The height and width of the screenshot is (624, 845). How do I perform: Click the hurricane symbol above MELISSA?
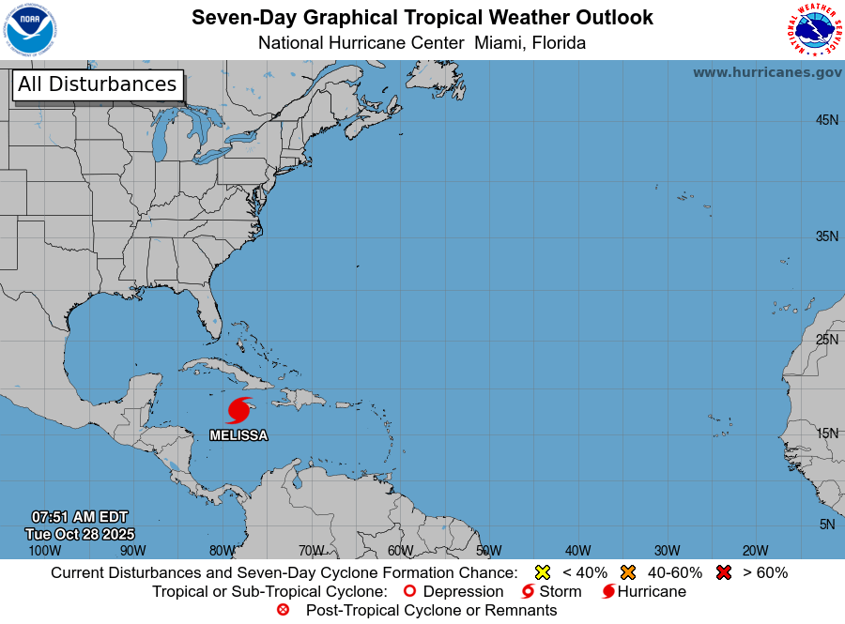point(239,410)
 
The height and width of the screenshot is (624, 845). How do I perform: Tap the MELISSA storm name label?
point(238,435)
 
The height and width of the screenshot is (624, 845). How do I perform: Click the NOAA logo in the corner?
point(30,30)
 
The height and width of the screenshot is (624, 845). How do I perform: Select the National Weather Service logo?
point(813,30)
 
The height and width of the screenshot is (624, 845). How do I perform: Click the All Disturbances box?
point(97,84)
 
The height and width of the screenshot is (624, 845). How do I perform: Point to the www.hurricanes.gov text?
point(767,72)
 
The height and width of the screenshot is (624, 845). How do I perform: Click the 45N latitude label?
point(826,120)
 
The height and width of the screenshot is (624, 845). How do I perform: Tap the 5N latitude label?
point(826,525)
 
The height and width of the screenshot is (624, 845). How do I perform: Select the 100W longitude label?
point(43,551)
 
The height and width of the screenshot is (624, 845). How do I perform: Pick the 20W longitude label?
point(755,551)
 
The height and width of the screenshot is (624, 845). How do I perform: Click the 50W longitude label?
point(488,551)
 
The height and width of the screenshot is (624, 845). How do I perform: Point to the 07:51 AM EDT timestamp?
point(80,517)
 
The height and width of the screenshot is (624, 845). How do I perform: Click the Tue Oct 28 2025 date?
point(80,533)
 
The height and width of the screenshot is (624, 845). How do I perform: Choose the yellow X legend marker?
point(542,572)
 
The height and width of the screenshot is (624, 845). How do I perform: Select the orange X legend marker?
point(628,572)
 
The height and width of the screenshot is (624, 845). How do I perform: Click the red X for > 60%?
point(723,572)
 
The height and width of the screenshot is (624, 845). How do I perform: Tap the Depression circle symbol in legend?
point(409,591)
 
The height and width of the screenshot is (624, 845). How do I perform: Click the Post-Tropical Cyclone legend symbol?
point(283,610)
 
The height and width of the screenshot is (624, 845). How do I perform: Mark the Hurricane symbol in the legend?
point(608,591)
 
